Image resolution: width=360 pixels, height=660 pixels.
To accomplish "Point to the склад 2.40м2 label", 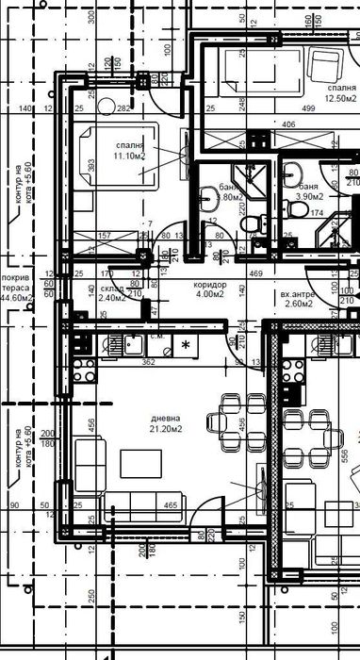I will [112, 292].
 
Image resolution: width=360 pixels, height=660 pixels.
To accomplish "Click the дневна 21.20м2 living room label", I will [166, 423].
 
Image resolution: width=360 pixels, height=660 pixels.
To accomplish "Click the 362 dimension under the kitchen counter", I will [148, 360].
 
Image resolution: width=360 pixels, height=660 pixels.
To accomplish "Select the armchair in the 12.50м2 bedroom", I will [327, 63].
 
